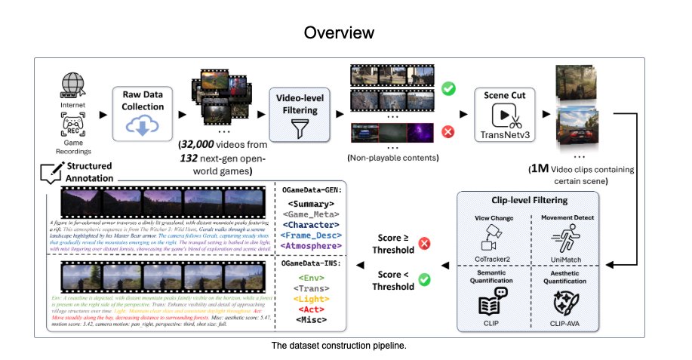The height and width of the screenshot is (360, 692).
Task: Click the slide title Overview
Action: click(346, 33)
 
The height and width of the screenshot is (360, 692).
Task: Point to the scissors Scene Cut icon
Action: click(504, 117)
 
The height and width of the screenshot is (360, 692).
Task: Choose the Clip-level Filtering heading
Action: click(526, 202)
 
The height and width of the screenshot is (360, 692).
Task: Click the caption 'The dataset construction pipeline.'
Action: click(346, 346)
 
